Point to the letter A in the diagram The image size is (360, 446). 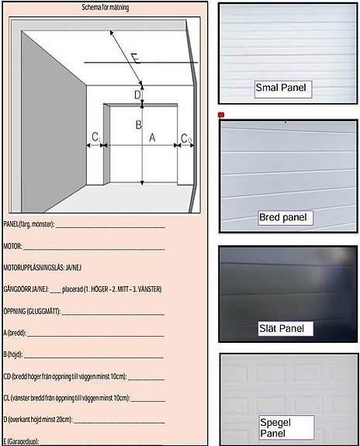click(152, 137)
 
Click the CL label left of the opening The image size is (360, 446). click(95, 137)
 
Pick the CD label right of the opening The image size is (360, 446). click(186, 138)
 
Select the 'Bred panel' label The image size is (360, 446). click(285, 217)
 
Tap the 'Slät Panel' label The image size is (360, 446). click(285, 328)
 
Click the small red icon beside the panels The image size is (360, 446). click(222, 115)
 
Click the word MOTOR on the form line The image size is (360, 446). click(13, 247)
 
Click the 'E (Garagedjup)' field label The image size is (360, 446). click(21, 441)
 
